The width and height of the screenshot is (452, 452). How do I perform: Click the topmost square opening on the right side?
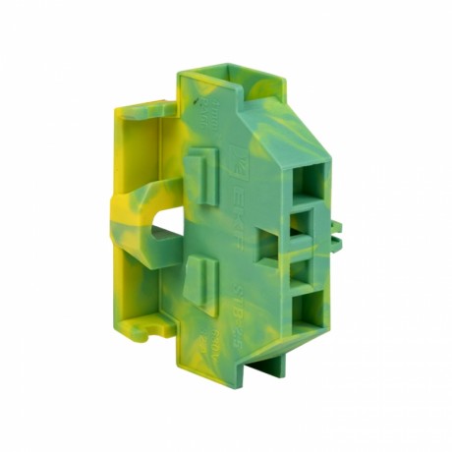coord(311,178)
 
